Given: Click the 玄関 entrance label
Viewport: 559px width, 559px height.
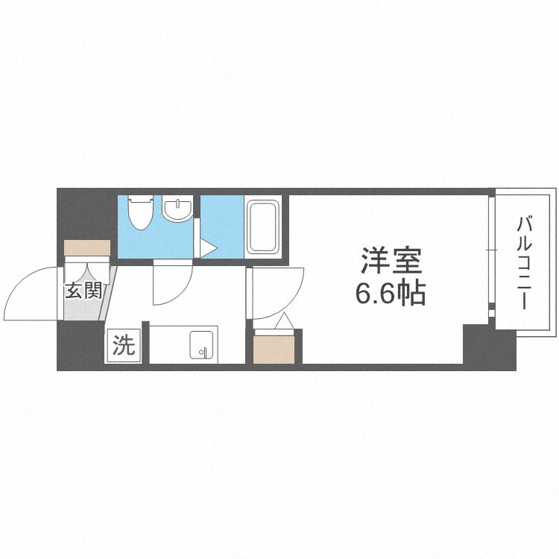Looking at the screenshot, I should (83, 291).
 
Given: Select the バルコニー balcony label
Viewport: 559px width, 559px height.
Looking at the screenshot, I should (523, 262).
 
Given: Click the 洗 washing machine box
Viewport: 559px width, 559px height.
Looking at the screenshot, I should (124, 345).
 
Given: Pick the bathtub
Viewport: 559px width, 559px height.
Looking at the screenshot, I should (262, 224).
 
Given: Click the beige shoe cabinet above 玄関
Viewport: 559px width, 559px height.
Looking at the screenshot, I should (86, 247).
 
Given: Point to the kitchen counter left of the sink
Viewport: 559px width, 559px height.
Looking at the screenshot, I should (167, 344).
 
